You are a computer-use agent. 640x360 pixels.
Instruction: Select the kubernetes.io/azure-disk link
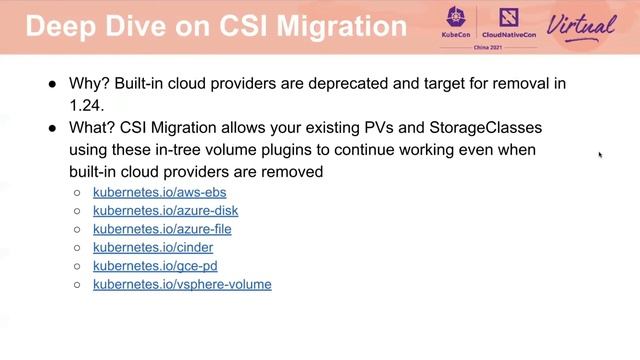pos(165,211)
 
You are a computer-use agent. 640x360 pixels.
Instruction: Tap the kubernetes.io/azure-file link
pos(162,229)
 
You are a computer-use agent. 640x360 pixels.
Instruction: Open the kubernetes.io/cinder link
pos(153,247)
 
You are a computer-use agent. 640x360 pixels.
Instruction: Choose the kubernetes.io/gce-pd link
pos(155,266)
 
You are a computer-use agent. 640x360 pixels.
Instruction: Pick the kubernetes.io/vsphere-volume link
pos(182,284)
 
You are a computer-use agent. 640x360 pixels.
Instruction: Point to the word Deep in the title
pos(59,25)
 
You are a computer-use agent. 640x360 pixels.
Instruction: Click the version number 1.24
pos(86,104)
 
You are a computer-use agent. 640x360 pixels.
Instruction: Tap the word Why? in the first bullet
pos(90,84)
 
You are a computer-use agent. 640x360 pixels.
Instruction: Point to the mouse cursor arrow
pos(600,154)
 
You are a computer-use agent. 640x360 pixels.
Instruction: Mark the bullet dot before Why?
pos(51,84)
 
